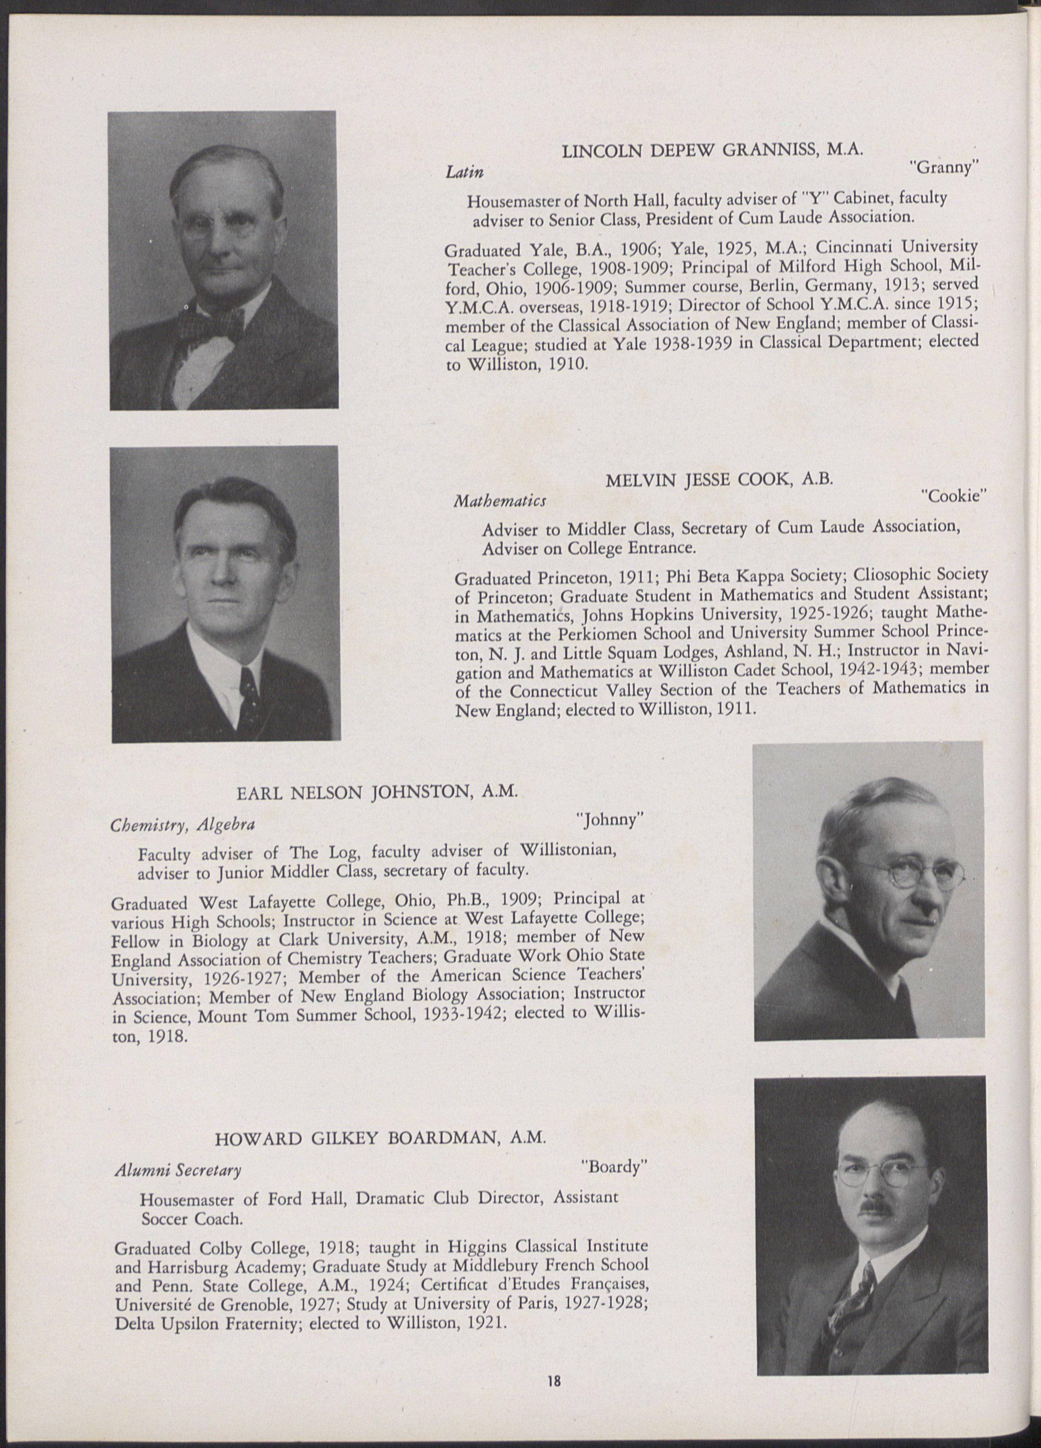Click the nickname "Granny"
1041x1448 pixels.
pos(944,169)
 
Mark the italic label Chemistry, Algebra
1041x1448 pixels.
pos(183,825)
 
